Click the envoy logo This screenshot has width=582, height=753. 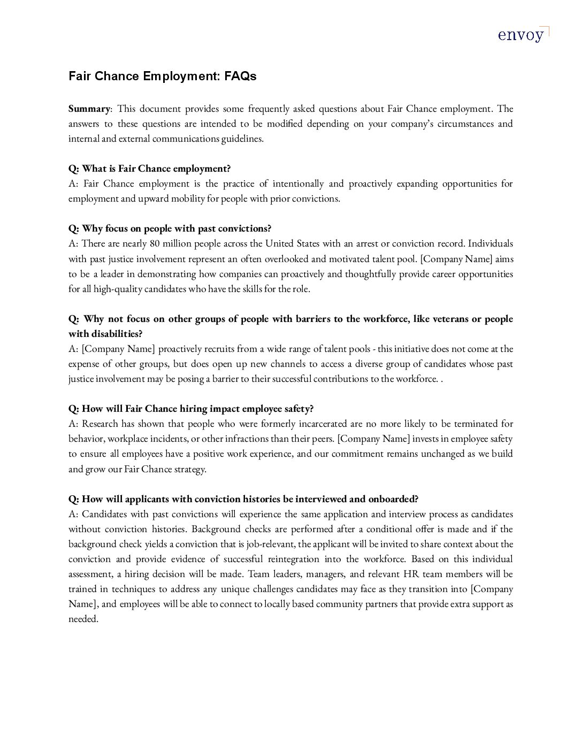coord(523,35)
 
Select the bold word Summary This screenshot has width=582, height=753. coord(89,109)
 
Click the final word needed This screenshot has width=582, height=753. coord(83,619)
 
